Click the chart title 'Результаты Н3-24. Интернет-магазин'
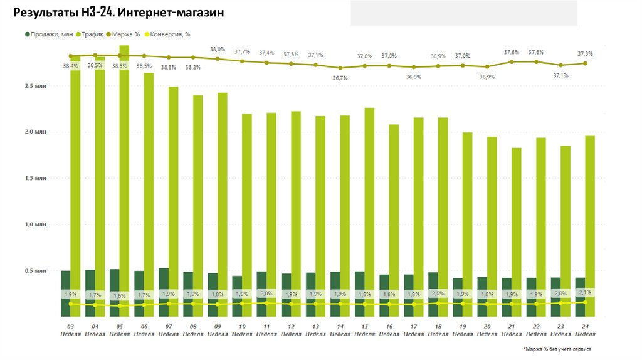pyautogui.click(x=118, y=13)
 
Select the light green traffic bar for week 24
pyautogui.click(x=590, y=207)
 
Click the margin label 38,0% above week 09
pyautogui.click(x=217, y=49)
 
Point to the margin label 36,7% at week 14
pyautogui.click(x=340, y=78)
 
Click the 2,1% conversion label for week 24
pyautogui.click(x=586, y=292)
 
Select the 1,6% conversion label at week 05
pyautogui.click(x=119, y=295)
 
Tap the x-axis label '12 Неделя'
pyautogui.click(x=291, y=331)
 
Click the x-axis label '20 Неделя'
pyautogui.click(x=487, y=331)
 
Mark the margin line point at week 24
pyautogui.click(x=586, y=63)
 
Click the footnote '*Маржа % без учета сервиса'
pyautogui.click(x=556, y=348)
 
